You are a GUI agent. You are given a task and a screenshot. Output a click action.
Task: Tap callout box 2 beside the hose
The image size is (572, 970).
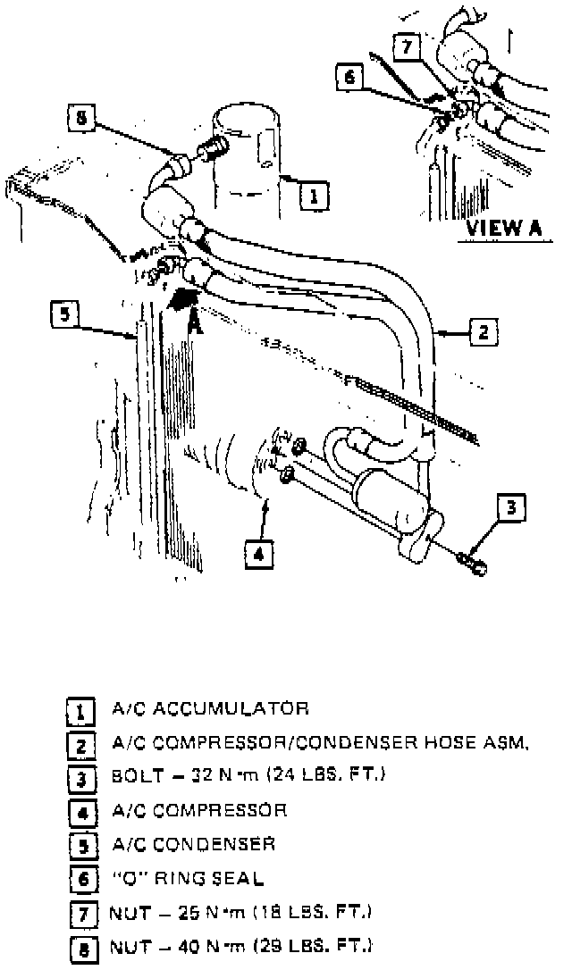[482, 333]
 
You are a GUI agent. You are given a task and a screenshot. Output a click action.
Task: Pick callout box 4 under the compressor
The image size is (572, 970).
[257, 555]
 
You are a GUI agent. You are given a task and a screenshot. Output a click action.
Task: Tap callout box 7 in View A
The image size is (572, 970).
[406, 46]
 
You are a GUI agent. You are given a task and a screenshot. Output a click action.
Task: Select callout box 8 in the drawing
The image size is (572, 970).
[81, 118]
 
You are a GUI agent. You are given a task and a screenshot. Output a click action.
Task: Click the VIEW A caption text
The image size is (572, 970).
[503, 227]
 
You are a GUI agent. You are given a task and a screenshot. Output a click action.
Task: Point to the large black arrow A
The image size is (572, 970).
[187, 299]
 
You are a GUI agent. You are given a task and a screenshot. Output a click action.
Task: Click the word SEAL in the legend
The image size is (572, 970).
[235, 878]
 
